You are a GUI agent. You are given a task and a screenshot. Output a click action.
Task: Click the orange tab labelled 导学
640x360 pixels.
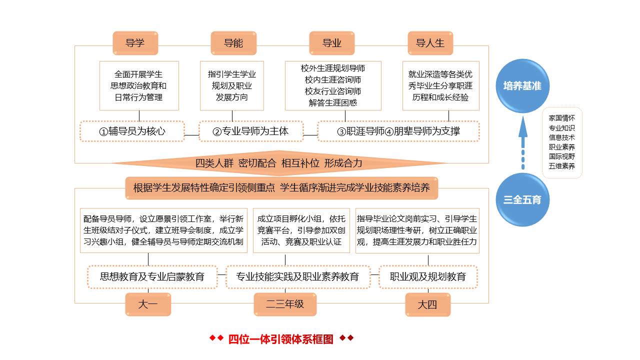coord(135,43)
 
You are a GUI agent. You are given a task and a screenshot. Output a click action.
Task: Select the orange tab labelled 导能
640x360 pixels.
coord(233,43)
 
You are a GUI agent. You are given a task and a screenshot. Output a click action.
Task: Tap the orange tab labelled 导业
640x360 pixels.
coord(332,43)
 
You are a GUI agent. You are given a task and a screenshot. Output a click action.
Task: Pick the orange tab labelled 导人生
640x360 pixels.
coord(430,43)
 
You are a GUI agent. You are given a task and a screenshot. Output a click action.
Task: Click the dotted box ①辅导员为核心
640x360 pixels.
coord(132,131)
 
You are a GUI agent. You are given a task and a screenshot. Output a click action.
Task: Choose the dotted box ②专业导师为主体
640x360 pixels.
coord(251,131)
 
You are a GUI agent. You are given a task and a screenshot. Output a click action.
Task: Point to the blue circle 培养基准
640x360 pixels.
coord(522,86)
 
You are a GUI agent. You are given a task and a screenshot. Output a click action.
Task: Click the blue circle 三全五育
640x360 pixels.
coord(522,199)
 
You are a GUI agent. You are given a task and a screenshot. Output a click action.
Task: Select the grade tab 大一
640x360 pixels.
coord(148,304)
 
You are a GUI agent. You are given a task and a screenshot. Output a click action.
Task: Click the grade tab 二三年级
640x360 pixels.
coord(285,304)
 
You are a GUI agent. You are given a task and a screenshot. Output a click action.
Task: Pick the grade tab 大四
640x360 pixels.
coord(427,304)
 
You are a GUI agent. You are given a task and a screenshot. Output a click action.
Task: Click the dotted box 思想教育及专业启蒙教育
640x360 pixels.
coord(152,276)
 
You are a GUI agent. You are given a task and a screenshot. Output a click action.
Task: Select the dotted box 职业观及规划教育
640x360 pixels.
coord(428,276)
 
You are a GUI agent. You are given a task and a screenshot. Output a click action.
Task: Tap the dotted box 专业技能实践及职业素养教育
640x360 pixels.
coord(297,276)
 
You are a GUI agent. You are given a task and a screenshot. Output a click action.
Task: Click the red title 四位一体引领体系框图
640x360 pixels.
coord(281,339)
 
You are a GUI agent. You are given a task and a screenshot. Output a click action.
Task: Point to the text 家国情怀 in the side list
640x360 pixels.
coord(562,118)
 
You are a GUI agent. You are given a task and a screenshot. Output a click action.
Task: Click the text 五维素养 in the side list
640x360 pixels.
coord(562,166)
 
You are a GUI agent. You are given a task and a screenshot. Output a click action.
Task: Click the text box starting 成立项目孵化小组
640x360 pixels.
coord(301,230)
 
